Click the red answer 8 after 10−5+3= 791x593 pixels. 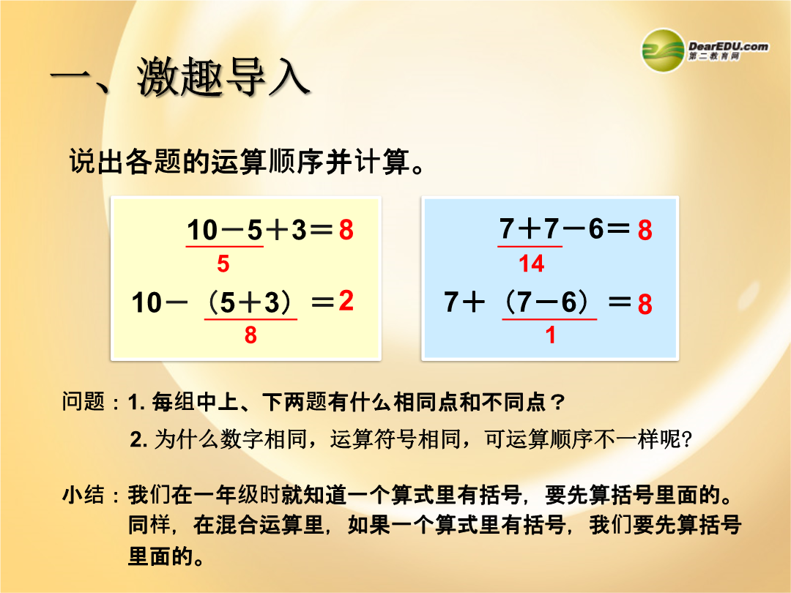coord(346,230)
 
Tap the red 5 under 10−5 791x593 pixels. coord(223,264)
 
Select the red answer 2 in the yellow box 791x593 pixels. coord(346,301)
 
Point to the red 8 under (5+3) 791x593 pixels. coord(250,335)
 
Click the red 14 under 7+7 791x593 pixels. coord(532,264)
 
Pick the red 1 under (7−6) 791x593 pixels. coord(550,335)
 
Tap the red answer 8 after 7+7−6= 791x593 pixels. coord(645,230)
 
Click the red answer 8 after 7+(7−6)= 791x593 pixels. coord(645,305)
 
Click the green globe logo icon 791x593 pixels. coord(663,51)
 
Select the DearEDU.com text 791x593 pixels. coord(729,46)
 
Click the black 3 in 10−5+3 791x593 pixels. coord(299,230)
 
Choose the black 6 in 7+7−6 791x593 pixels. coord(595,228)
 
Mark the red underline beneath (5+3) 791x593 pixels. coord(250,319)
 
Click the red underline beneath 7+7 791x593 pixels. coord(530,247)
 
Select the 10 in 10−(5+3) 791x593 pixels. coord(146,303)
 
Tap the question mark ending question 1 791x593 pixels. coord(557,403)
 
